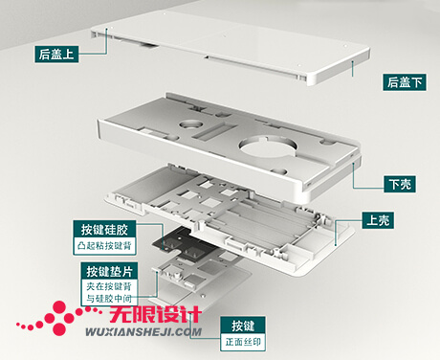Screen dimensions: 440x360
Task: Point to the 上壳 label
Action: coord(378,220)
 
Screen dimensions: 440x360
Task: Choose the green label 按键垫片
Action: coord(113,270)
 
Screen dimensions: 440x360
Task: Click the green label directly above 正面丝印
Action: coord(243,324)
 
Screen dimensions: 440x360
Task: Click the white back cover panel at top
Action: coord(230,43)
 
